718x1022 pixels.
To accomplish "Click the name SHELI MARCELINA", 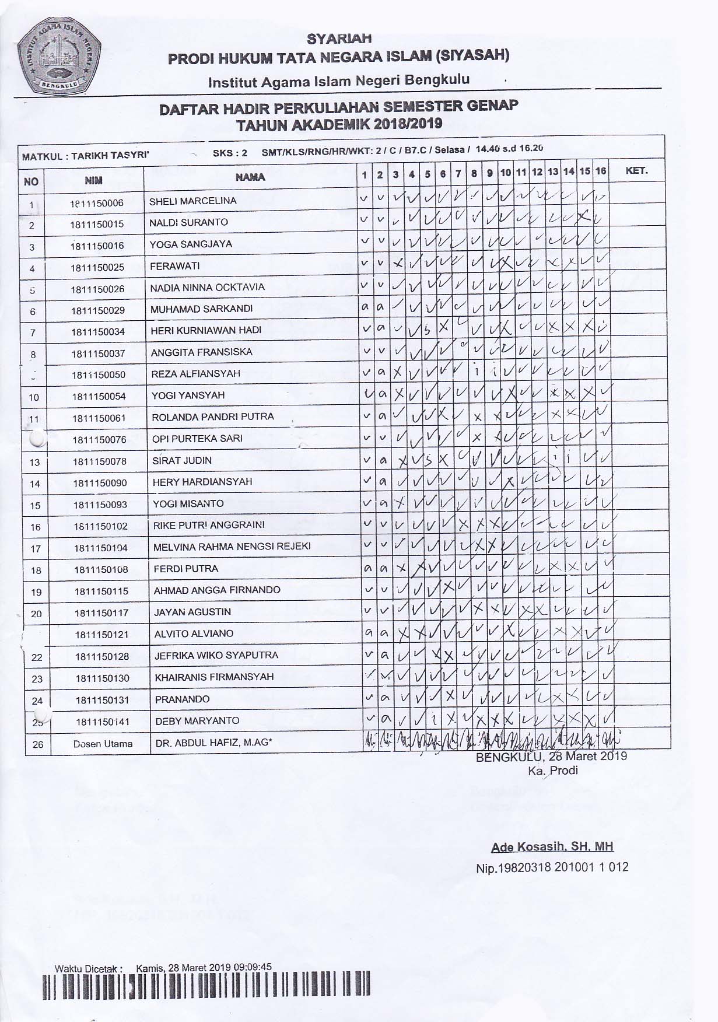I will pyautogui.click(x=192, y=201).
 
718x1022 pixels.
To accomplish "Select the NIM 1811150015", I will pyautogui.click(x=97, y=224).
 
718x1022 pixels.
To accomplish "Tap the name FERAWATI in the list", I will pyautogui.click(x=174, y=266).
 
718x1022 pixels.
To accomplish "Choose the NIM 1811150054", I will pyautogui.click(x=99, y=396).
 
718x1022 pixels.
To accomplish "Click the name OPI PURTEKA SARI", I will pyautogui.click(x=197, y=439).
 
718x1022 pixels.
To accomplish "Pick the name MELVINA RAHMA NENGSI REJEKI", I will pyautogui.click(x=232, y=547).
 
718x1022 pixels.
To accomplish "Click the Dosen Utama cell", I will pyautogui.click(x=103, y=744).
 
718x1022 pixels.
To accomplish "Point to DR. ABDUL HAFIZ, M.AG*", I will pyautogui.click(x=214, y=743).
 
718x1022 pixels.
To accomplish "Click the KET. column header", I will pyautogui.click(x=636, y=171).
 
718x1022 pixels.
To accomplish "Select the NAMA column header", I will pyautogui.click(x=250, y=177).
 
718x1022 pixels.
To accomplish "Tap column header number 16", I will pyautogui.click(x=601, y=171).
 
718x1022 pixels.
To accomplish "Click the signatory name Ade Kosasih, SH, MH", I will pyautogui.click(x=552, y=847).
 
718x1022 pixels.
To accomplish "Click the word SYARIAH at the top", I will pyautogui.click(x=339, y=39).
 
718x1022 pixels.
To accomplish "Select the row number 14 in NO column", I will pyautogui.click(x=35, y=484).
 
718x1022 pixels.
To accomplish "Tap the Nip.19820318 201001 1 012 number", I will pyautogui.click(x=552, y=867).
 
